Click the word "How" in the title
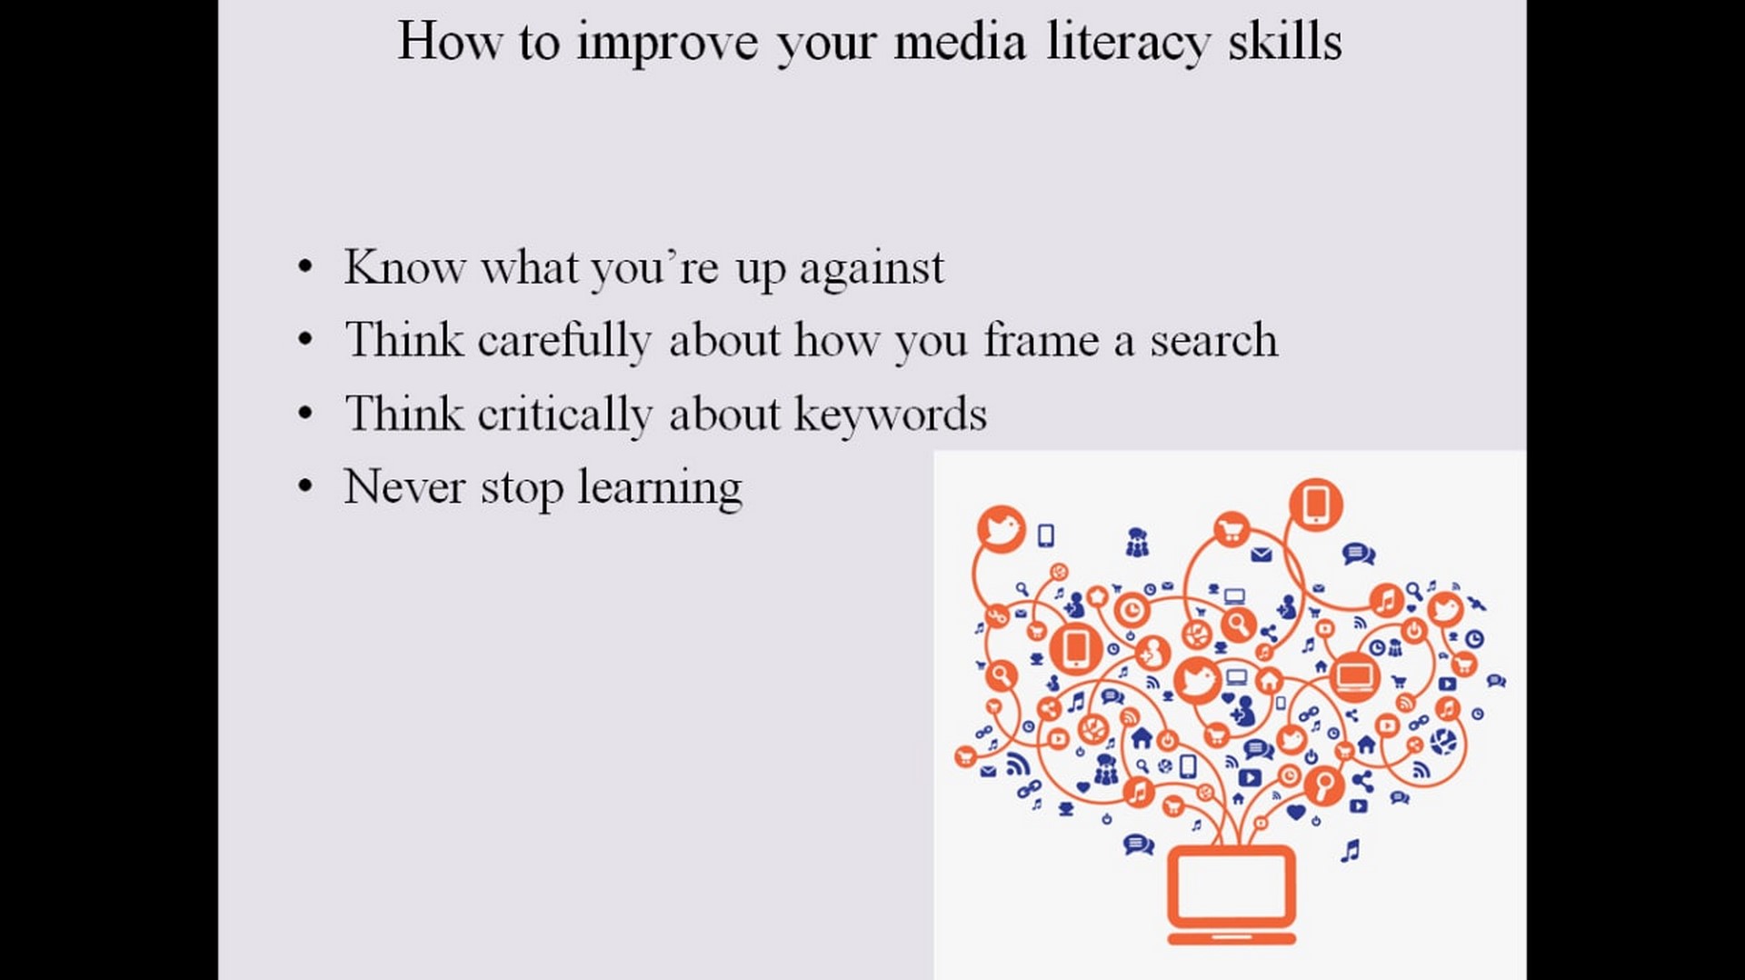tap(450, 42)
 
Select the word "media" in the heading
tap(960, 42)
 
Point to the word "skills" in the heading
tap(1285, 42)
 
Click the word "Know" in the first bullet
tap(404, 267)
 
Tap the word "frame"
tap(1042, 340)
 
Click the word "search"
tap(1213, 340)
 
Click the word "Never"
tap(404, 486)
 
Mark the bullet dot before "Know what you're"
tap(305, 268)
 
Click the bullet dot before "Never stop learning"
tap(305, 487)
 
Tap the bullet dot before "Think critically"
tap(305, 414)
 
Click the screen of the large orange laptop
tap(1231, 887)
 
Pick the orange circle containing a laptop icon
tap(1354, 676)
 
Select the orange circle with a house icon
tap(1269, 680)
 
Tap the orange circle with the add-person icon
tap(1152, 652)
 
